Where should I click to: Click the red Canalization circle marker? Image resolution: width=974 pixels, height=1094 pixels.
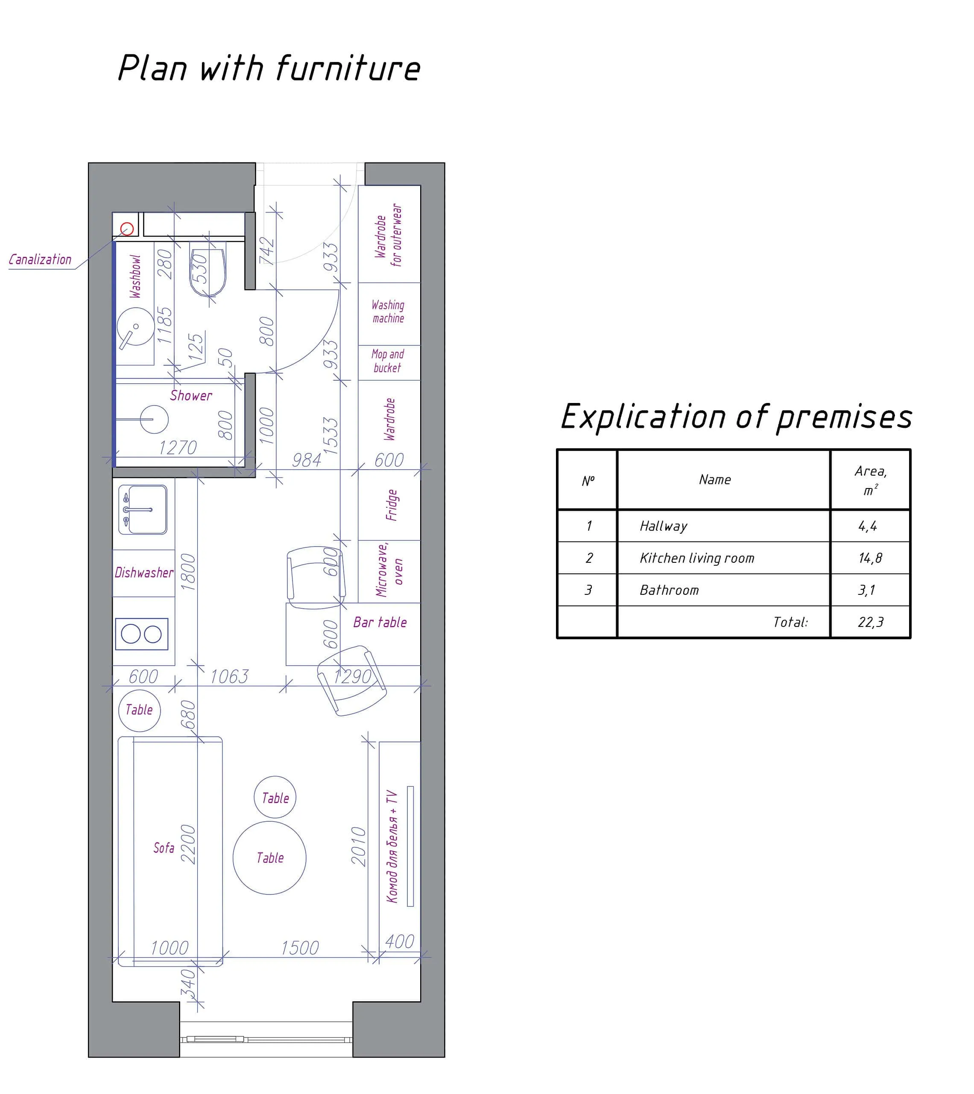pyautogui.click(x=127, y=229)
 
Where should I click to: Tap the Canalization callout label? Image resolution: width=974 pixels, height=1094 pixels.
pyautogui.click(x=40, y=260)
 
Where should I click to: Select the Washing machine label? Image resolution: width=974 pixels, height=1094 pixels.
pyautogui.click(x=388, y=312)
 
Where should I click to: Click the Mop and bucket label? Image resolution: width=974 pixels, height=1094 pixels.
pyautogui.click(x=387, y=361)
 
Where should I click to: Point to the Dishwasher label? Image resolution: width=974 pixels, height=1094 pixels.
pyautogui.click(x=144, y=573)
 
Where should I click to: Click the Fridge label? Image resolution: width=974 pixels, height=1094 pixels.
pyautogui.click(x=391, y=505)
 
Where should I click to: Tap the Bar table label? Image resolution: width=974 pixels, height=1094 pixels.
pyautogui.click(x=380, y=622)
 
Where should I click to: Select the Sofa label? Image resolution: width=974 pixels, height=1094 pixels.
pyautogui.click(x=164, y=848)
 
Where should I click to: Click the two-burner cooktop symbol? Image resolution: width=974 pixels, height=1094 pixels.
pyautogui.click(x=142, y=634)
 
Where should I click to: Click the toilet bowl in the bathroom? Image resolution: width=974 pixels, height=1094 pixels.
pyautogui.click(x=208, y=272)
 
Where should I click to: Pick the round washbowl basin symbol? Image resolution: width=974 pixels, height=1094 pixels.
pyautogui.click(x=136, y=326)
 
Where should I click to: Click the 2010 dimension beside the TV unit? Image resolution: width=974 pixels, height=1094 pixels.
pyautogui.click(x=359, y=846)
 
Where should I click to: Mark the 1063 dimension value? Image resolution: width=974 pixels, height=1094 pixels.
pyautogui.click(x=229, y=677)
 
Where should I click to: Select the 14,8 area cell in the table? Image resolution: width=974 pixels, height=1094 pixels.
pyautogui.click(x=870, y=558)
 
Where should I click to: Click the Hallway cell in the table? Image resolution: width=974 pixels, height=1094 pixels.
pyautogui.click(x=664, y=526)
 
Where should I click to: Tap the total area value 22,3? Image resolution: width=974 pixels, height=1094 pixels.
pyautogui.click(x=870, y=622)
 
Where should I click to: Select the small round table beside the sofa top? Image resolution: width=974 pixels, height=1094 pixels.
pyautogui.click(x=139, y=710)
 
